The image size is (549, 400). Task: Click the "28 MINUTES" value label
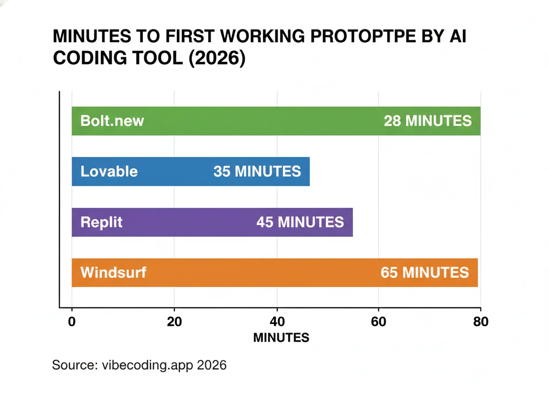point(428,121)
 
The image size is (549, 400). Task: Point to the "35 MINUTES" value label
point(257,172)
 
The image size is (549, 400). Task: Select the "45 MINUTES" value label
point(300,222)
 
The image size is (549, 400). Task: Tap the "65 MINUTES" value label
point(425,273)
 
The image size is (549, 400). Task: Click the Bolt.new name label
point(112,121)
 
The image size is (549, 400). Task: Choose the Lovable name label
point(109,172)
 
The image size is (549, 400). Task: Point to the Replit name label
point(102,222)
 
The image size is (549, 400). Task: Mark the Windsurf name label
point(113,272)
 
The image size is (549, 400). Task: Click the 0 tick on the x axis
point(72,322)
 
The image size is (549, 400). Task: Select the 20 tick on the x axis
point(174,322)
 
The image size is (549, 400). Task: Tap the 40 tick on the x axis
point(277,322)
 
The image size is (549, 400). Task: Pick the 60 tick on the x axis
point(379,322)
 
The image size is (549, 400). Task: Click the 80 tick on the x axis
point(481,322)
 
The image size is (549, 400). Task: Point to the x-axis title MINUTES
point(281,338)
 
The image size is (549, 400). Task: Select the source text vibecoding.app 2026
point(161,365)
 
